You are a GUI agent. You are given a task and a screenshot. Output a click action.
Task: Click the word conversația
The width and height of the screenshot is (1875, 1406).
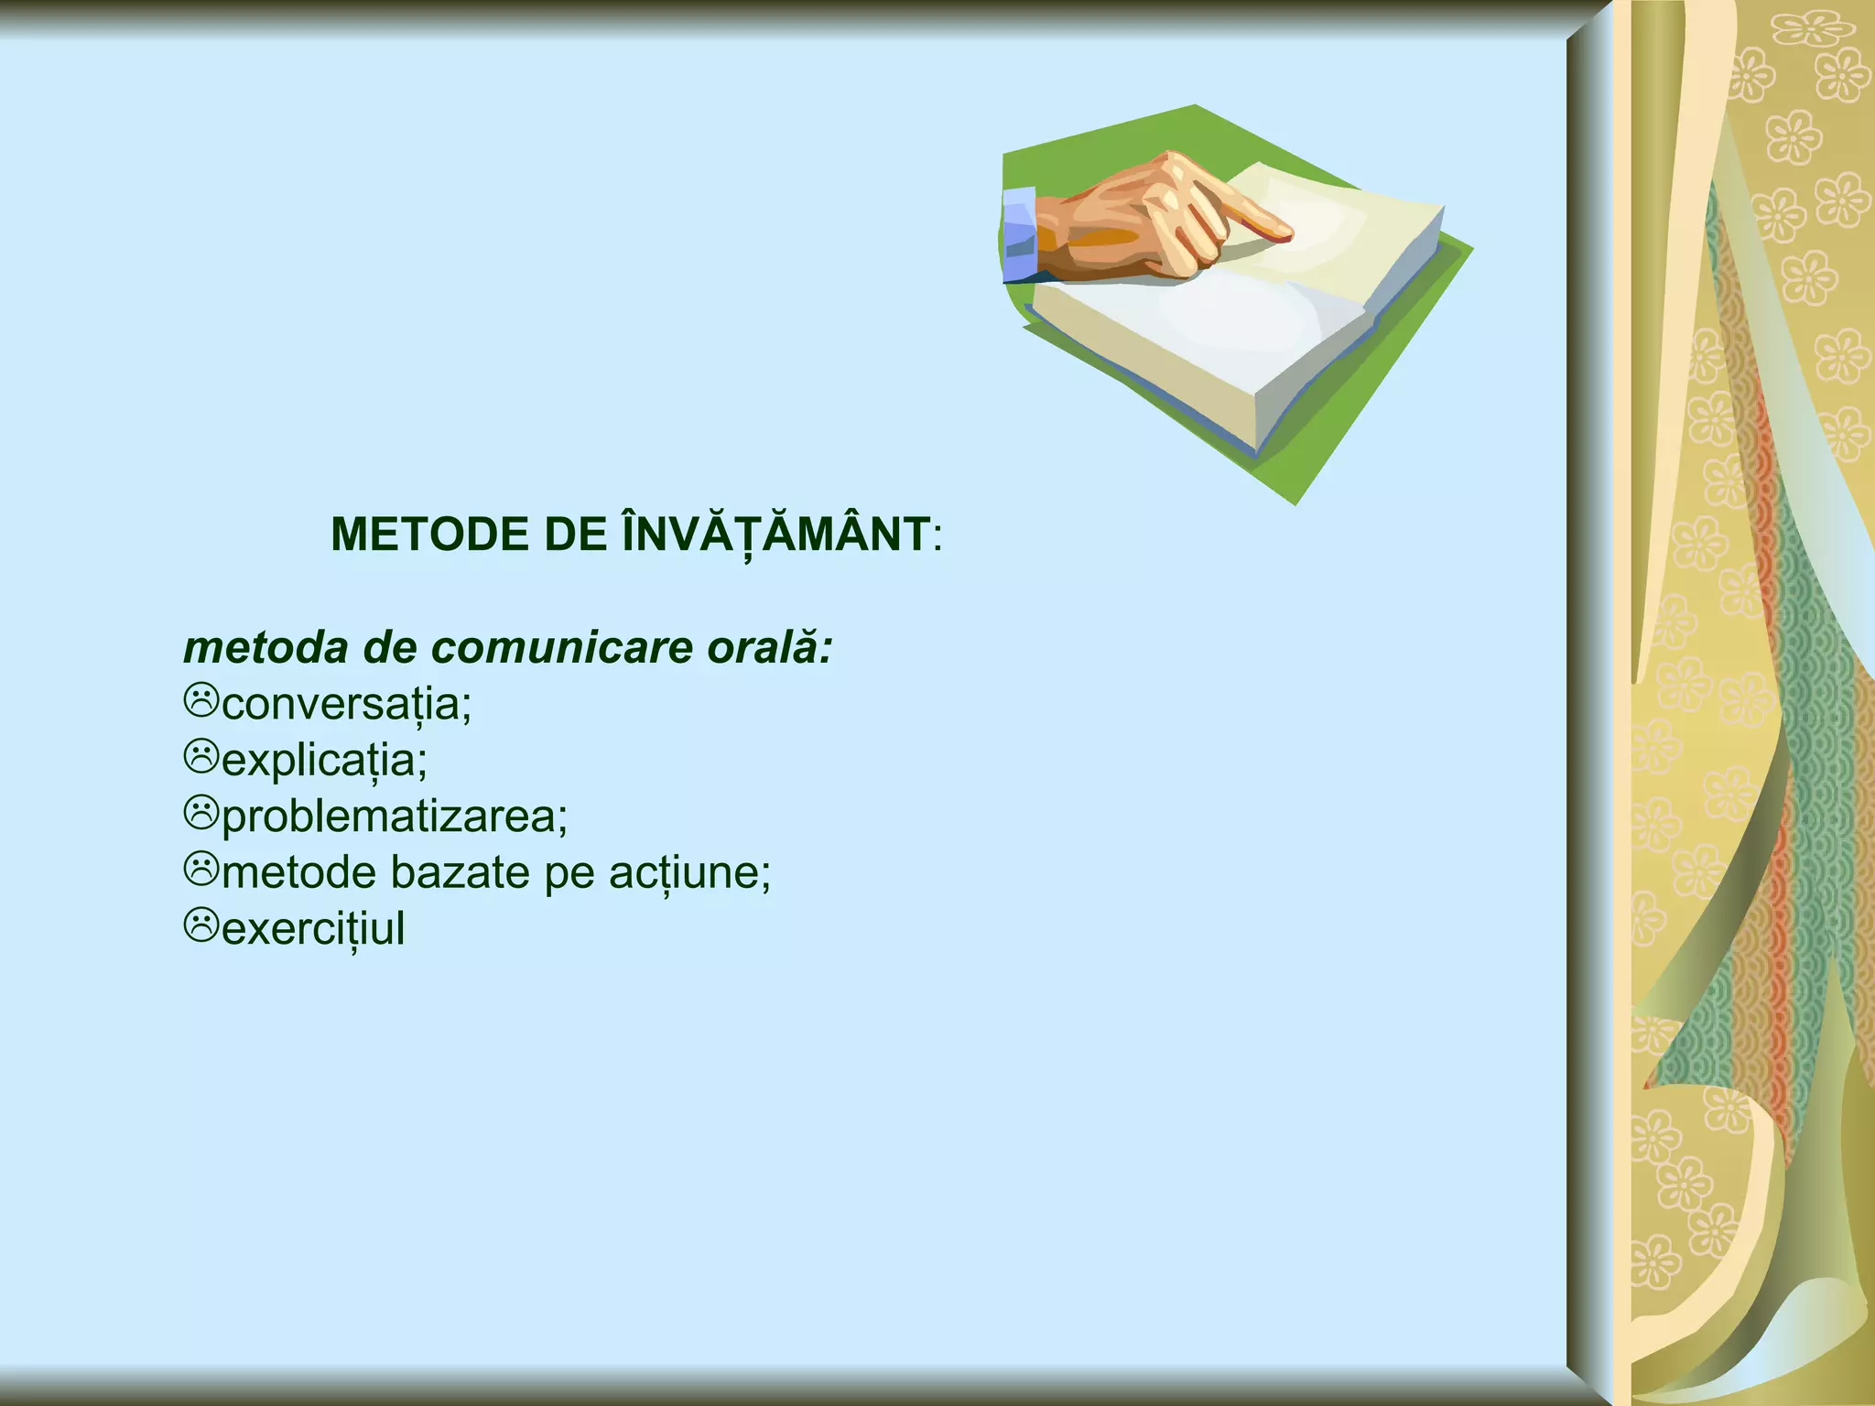[x=345, y=704]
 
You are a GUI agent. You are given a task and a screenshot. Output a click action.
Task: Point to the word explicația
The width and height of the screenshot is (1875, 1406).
[x=323, y=760]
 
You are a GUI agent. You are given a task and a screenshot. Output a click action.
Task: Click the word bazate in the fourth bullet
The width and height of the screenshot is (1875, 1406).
[x=460, y=872]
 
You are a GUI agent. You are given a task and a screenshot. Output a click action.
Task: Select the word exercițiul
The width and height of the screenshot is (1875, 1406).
[x=312, y=928]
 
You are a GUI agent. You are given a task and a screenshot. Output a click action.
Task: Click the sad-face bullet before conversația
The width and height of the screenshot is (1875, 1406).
[x=201, y=700]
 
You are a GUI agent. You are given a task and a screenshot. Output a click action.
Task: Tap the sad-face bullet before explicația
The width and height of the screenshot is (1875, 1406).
[x=201, y=756]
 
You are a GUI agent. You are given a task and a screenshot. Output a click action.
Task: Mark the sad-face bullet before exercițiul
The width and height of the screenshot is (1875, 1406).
[x=201, y=925]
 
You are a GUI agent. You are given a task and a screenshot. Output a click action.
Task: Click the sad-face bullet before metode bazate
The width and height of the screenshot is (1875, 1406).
[x=201, y=869]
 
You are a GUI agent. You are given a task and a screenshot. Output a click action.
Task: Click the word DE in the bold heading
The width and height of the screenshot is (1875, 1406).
[x=569, y=535]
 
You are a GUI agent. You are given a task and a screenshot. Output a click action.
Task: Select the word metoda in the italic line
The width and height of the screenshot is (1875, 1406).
[x=266, y=648]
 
